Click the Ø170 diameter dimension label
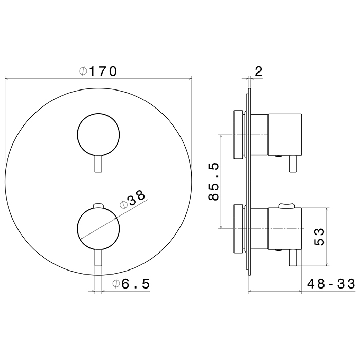(98, 71)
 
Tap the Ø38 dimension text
(133, 200)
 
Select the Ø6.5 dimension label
(131, 284)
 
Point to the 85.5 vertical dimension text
(213, 182)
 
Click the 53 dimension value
(319, 237)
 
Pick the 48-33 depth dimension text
(331, 284)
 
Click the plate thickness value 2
(258, 71)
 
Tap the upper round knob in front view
(99, 135)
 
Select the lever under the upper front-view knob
(98, 164)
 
